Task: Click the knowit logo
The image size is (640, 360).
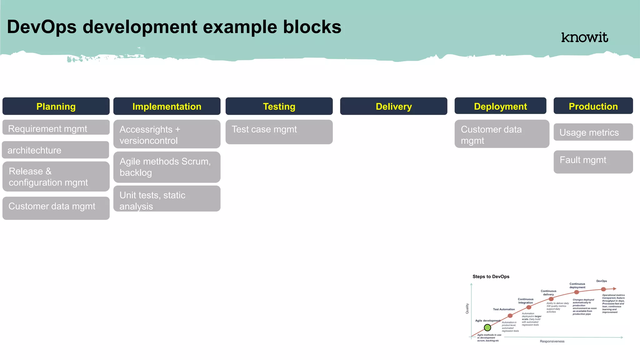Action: click(584, 37)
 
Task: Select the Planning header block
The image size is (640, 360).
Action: click(56, 106)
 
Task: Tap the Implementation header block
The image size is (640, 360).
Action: click(167, 106)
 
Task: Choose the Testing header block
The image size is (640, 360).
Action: click(279, 106)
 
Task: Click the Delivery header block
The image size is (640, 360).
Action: click(393, 106)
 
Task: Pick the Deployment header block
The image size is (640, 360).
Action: click(500, 106)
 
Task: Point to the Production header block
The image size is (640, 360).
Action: click(593, 106)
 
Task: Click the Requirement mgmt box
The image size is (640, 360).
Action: click(56, 128)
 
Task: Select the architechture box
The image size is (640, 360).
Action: click(55, 150)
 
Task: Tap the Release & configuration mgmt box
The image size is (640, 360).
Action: click(56, 177)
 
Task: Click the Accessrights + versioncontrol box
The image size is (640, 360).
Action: click(167, 134)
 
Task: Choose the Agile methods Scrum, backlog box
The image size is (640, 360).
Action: click(167, 167)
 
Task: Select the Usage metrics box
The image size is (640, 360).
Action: click(593, 132)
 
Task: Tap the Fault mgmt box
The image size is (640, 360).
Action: click(593, 162)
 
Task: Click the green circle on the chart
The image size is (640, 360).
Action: click(487, 327)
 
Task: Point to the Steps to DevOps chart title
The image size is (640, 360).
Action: click(491, 277)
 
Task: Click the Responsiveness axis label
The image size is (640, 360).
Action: click(552, 341)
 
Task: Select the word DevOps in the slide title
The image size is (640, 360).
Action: click(42, 27)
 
